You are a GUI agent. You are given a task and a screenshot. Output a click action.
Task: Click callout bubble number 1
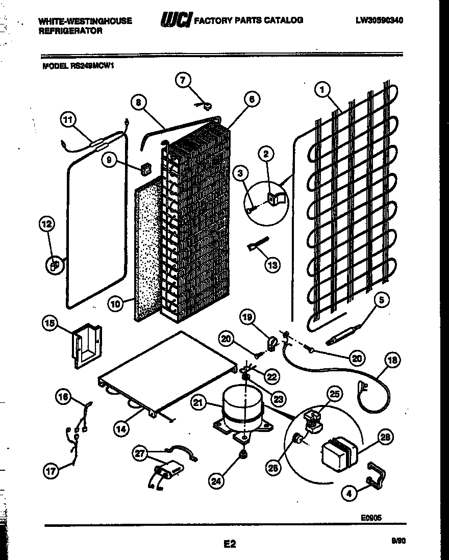point(322,90)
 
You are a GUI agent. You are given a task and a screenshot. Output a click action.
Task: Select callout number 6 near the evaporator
point(252,99)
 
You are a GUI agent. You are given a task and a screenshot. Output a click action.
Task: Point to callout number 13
point(272,264)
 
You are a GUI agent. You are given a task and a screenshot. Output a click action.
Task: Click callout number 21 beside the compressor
point(198,403)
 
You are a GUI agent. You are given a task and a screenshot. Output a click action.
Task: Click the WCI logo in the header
point(176,20)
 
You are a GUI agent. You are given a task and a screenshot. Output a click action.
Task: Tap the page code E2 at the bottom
point(230,544)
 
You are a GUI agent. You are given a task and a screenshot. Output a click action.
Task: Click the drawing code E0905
point(370,517)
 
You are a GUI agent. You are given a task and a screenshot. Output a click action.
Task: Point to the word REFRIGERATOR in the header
point(70,31)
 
